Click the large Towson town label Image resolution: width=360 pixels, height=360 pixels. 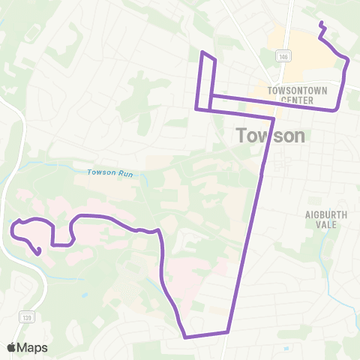tap(271, 136)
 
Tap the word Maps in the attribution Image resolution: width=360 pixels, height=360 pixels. tap(34, 347)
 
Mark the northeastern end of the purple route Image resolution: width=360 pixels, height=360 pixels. tap(321, 24)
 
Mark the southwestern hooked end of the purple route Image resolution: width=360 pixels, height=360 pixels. tap(38, 252)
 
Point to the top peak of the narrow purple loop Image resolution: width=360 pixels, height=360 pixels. tap(202, 52)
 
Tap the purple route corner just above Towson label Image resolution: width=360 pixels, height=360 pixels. tap(273, 118)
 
